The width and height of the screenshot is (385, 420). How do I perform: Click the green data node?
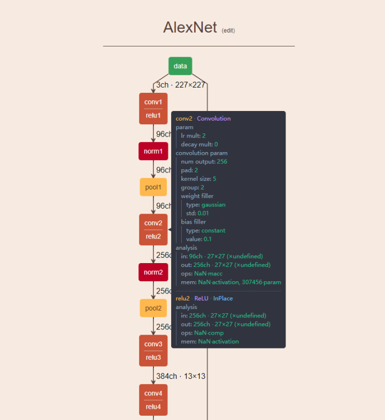click(x=180, y=66)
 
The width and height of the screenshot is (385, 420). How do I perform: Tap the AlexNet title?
click(x=189, y=27)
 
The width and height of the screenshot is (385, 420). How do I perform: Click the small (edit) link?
click(x=228, y=30)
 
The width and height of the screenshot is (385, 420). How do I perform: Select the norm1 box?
click(x=153, y=152)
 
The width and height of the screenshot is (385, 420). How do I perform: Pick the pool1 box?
click(x=153, y=187)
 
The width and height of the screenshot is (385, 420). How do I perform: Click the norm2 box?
click(x=153, y=272)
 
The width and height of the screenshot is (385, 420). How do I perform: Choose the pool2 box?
click(x=153, y=308)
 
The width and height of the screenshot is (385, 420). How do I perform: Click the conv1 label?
click(x=153, y=101)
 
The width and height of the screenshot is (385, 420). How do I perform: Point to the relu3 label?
click(x=153, y=358)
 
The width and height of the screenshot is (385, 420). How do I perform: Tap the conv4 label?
click(x=153, y=393)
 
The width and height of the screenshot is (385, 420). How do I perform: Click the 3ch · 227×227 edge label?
click(x=181, y=85)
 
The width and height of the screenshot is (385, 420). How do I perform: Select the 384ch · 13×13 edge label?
click(x=181, y=376)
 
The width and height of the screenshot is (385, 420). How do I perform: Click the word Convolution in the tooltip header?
click(x=214, y=118)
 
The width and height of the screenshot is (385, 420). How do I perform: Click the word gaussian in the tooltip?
click(x=213, y=204)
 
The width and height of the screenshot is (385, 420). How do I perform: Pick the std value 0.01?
click(x=205, y=213)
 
